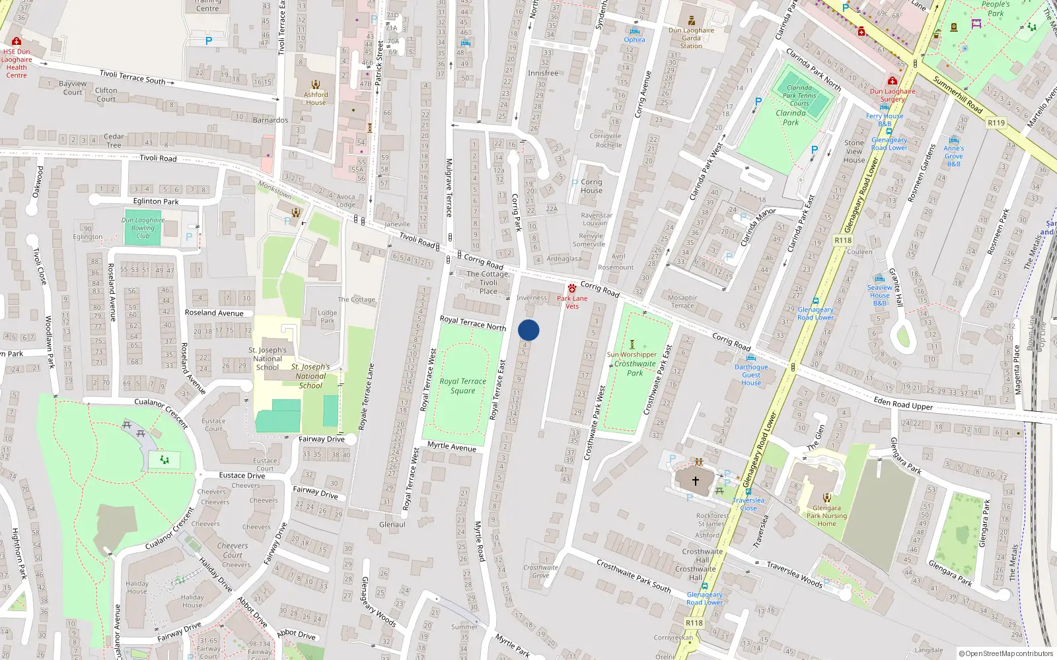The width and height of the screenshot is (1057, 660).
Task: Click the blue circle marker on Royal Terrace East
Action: [528, 330]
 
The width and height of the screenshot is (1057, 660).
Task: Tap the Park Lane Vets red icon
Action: [572, 288]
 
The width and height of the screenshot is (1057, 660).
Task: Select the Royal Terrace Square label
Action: [462, 386]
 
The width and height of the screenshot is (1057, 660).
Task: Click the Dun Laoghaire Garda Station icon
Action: [691, 21]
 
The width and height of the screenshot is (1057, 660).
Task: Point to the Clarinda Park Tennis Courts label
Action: [799, 96]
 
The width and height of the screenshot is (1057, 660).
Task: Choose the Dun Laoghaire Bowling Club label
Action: [143, 228]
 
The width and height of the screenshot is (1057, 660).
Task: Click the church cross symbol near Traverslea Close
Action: [695, 481]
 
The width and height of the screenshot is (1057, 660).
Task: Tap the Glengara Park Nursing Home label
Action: [826, 516]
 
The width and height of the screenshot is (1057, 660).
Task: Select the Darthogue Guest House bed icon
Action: [750, 358]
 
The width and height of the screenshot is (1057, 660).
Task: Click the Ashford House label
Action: [316, 98]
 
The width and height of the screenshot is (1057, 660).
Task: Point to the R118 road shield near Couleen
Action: [843, 240]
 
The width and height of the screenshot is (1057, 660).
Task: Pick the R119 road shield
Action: [996, 123]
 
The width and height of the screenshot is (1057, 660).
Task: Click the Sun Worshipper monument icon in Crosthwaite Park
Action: [632, 345]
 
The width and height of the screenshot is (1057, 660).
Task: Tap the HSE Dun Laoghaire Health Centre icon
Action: [17, 42]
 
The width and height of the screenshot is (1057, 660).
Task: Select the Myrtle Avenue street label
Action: [451, 447]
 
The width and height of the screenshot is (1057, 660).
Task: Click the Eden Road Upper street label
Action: [903, 404]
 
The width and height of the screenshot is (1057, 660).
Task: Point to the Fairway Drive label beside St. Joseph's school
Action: [321, 439]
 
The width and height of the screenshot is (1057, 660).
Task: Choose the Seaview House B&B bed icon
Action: [879, 279]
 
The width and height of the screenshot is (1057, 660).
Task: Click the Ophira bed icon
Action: [635, 31]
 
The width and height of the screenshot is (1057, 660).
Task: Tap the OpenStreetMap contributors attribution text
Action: [1005, 653]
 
